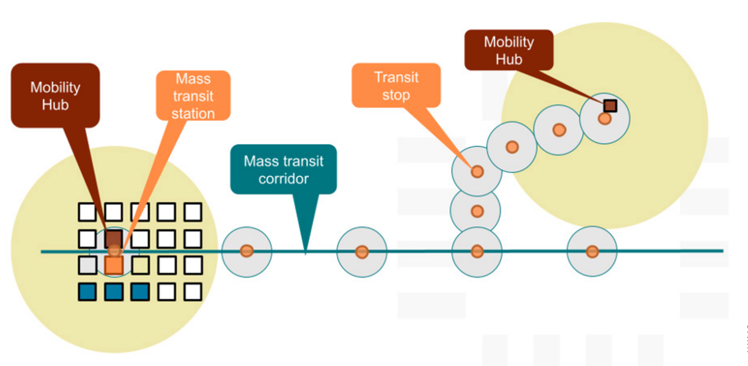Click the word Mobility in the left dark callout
55,88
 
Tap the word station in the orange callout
193,114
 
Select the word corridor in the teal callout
283,179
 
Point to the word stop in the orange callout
396,95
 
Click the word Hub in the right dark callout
509,59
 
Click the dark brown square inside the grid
114,238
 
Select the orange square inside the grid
114,266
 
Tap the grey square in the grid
87,266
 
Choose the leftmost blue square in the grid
87,292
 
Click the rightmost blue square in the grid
140,292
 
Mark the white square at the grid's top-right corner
193,212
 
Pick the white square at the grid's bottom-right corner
193,292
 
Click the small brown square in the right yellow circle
609,106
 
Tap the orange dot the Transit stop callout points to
477,171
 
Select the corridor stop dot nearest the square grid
246,251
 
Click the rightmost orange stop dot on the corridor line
591,251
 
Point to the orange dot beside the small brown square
604,118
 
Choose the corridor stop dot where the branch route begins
477,251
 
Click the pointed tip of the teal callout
306,253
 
